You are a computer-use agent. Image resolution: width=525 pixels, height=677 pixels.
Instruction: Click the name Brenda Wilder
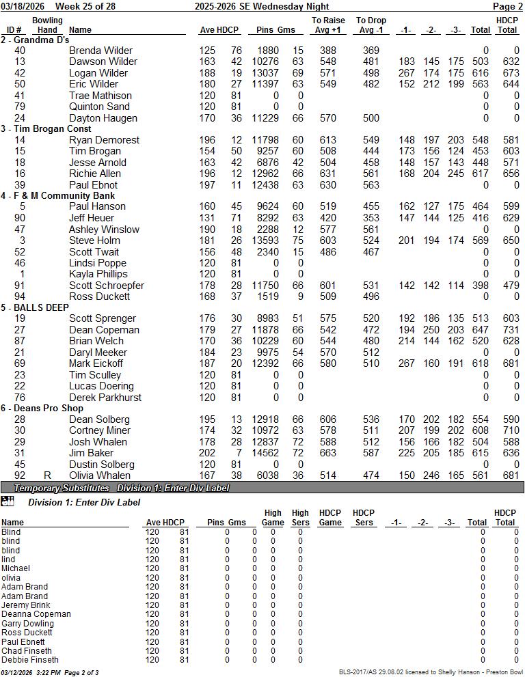coord(100,51)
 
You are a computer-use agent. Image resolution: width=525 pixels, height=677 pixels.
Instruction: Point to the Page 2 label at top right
coord(507,6)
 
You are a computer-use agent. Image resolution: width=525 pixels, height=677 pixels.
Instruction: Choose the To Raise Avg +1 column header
coord(328,25)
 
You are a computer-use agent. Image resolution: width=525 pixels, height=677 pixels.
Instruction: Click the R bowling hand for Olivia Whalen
coord(47,475)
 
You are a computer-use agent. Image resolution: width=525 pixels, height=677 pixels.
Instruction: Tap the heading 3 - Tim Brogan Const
coord(46,128)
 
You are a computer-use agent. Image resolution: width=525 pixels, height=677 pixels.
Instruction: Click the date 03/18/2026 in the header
coord(23,6)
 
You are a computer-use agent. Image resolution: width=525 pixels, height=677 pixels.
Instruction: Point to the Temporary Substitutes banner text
coord(62,488)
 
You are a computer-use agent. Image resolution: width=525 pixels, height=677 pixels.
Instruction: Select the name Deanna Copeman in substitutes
coord(36,614)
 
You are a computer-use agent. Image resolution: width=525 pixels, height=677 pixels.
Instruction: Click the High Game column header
coord(273,518)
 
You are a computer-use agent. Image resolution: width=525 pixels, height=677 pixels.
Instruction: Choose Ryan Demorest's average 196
coord(207,140)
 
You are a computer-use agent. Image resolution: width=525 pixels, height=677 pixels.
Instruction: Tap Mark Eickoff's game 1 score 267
coord(406,363)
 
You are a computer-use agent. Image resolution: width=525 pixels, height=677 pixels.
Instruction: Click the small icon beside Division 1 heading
coord(8,502)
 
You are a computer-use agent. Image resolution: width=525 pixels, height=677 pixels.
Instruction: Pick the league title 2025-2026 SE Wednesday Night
coord(262,6)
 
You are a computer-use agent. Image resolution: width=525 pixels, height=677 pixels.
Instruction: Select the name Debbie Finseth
coord(29,660)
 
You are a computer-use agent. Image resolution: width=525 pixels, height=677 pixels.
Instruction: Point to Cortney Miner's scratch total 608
coord(481,430)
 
